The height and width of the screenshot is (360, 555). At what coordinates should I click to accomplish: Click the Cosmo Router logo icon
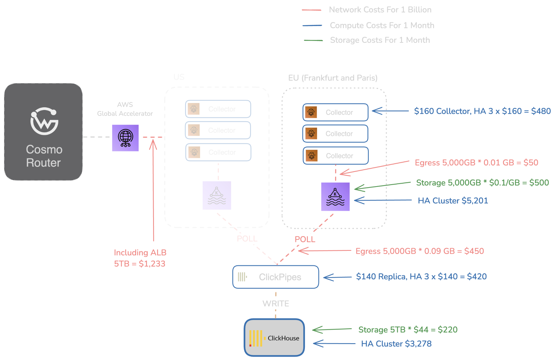[x=44, y=121]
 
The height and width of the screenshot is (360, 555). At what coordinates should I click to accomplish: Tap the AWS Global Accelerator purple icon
[x=125, y=138]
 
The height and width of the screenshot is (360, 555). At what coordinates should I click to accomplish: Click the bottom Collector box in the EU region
[x=335, y=156]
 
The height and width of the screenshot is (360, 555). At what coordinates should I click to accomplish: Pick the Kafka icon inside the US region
[x=217, y=195]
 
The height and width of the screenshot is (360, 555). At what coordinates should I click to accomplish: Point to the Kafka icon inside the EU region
[x=335, y=197]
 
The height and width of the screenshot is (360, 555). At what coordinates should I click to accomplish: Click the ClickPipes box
[x=276, y=277]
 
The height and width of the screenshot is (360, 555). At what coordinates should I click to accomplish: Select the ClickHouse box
[x=275, y=338]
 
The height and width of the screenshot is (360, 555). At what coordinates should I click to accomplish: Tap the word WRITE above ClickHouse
[x=276, y=304]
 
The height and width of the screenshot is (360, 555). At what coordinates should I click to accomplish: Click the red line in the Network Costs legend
[x=312, y=10]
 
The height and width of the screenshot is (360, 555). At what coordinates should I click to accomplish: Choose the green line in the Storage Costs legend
[x=313, y=40]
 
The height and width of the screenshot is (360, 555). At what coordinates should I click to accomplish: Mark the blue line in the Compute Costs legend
[x=312, y=26]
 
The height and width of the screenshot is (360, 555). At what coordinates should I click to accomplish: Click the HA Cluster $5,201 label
[x=453, y=201]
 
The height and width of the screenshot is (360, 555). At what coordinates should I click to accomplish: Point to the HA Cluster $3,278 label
[x=396, y=344]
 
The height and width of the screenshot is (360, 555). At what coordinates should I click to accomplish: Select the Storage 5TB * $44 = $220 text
[x=408, y=330]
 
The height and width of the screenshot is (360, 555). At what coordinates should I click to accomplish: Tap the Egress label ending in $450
[x=420, y=251]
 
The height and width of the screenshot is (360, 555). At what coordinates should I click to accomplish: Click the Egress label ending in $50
[x=476, y=163]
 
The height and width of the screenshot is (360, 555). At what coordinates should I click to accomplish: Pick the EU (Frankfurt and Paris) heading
[x=333, y=78]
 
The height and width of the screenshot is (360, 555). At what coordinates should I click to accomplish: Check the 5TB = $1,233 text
[x=140, y=264]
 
